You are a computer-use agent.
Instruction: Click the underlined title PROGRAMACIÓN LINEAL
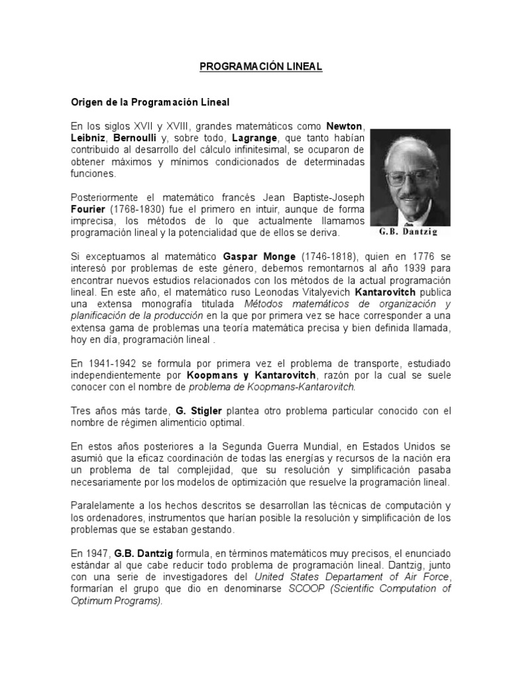[251, 68]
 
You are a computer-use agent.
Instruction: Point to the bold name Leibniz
[88, 139]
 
